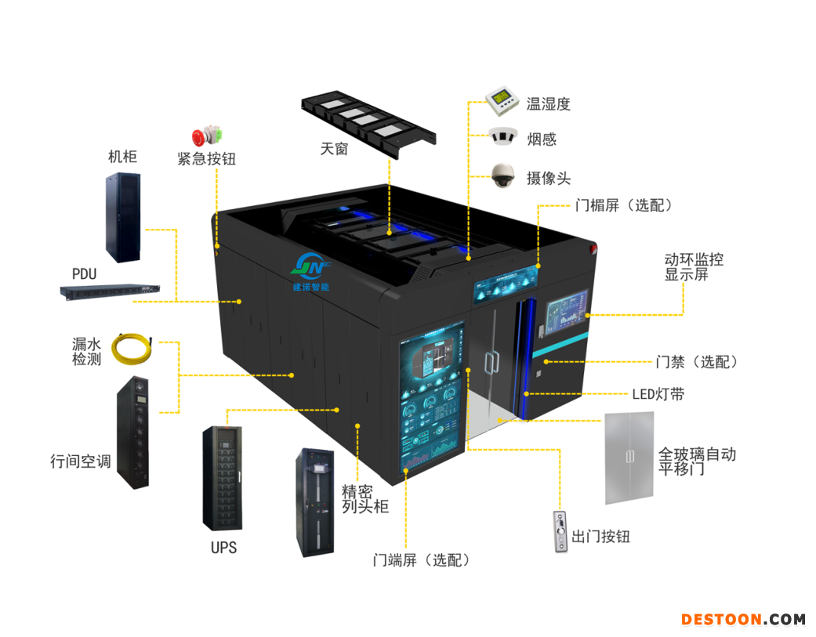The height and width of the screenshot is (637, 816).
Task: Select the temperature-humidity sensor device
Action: tap(502, 100)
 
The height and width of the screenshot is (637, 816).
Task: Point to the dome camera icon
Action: tap(502, 176)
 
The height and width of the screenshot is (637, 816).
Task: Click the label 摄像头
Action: tap(549, 179)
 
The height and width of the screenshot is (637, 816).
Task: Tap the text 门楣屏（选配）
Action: tap(623, 205)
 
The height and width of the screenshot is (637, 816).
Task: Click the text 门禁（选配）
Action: tap(696, 362)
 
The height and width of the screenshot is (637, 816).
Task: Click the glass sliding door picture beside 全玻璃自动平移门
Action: tap(629, 458)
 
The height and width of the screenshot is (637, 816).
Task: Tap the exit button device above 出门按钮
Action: tap(560, 532)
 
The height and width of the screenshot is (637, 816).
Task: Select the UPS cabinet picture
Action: tap(223, 478)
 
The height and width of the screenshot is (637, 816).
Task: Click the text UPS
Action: tap(223, 548)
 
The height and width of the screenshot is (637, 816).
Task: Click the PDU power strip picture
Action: tap(110, 291)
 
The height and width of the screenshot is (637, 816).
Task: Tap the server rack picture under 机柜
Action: tap(123, 217)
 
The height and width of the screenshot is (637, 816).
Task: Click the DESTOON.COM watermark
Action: tap(742, 619)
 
